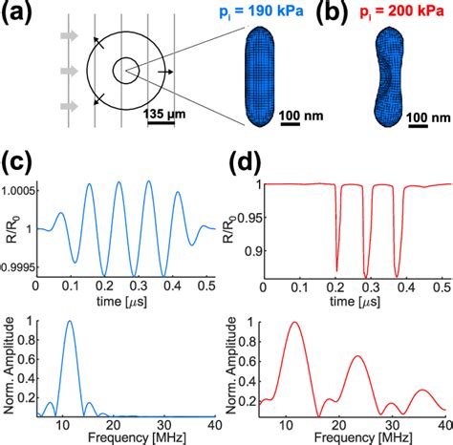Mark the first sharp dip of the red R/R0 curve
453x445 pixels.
pyautogui.click(x=337, y=271)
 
